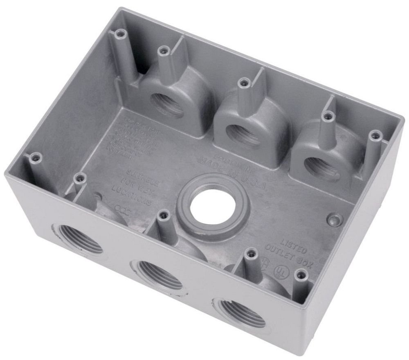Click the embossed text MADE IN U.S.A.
[231, 174]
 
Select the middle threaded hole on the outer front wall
[157, 274]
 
